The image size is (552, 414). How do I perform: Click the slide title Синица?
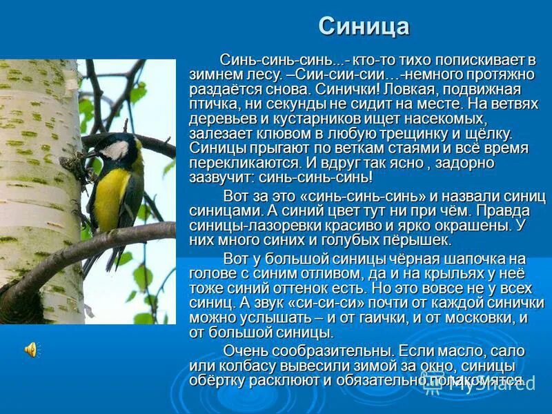[364, 27]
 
